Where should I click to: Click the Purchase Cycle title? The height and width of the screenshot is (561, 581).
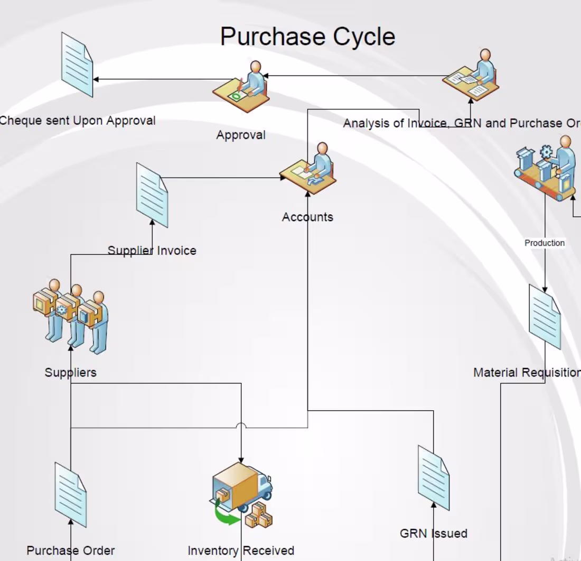[x=307, y=36]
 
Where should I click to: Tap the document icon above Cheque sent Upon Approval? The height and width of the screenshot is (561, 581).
[x=77, y=65]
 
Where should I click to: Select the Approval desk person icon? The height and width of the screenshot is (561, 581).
[x=241, y=87]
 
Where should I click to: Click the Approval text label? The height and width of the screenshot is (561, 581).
[x=241, y=135]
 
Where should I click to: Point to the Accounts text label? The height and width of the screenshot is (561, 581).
[x=307, y=217]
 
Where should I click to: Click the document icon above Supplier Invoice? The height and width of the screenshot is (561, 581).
[x=152, y=195]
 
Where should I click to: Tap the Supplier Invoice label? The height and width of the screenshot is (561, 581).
[x=152, y=251]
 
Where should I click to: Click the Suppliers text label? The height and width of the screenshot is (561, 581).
[x=70, y=372]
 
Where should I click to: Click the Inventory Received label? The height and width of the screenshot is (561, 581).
[x=241, y=550]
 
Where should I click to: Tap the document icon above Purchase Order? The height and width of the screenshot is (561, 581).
[x=71, y=494]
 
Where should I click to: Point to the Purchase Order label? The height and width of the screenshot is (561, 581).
[x=70, y=550]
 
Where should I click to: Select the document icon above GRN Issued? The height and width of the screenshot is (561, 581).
[x=434, y=477]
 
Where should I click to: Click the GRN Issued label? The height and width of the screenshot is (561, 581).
[x=434, y=533]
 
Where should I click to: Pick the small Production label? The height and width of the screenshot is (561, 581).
[x=545, y=243]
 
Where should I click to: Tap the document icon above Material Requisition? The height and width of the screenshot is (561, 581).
[x=545, y=317]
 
